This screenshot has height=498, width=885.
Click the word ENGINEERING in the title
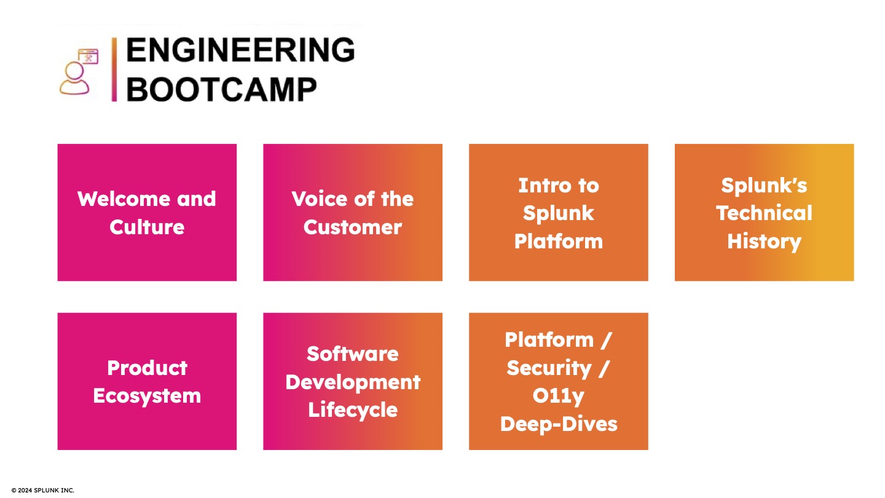pyautogui.click(x=240, y=50)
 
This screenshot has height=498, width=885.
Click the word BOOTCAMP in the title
pyautogui.click(x=222, y=89)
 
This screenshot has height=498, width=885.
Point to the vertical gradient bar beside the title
pyautogui.click(x=114, y=69)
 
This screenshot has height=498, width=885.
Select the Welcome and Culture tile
pyautogui.click(x=147, y=212)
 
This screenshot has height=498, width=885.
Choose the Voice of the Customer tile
pyautogui.click(x=352, y=212)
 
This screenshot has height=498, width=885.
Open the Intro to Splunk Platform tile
pyautogui.click(x=558, y=212)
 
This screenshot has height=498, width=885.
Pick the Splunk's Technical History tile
pyautogui.click(x=764, y=212)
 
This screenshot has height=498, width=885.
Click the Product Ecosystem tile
pyautogui.click(x=147, y=381)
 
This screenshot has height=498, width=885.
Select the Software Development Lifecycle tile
pyautogui.click(x=352, y=381)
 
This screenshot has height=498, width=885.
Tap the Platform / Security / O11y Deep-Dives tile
pyautogui.click(x=558, y=381)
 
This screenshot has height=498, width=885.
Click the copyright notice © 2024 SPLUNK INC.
pyautogui.click(x=42, y=490)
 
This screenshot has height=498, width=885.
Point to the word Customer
pyautogui.click(x=352, y=227)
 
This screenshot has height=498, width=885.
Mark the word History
pyautogui.click(x=764, y=242)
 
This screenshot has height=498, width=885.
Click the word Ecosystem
pyautogui.click(x=147, y=396)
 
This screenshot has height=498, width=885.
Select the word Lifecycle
pyautogui.click(x=352, y=410)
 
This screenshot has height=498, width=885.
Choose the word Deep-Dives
pyautogui.click(x=558, y=424)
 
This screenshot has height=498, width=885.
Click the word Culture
pyautogui.click(x=147, y=227)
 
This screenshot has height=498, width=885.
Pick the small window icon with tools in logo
pyautogui.click(x=88, y=57)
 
